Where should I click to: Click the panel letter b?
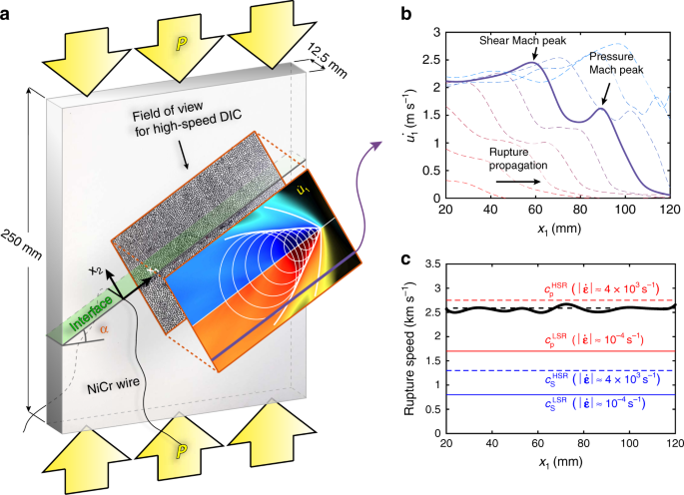tap(405, 15)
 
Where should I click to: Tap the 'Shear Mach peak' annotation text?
tap(522, 41)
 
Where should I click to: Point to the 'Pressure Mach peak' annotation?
tap(616, 63)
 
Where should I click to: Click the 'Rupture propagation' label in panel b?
tap(518, 159)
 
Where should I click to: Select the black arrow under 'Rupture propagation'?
tap(518, 182)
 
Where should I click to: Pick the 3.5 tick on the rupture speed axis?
tap(431, 264)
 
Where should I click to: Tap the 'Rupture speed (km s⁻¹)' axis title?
tap(409, 348)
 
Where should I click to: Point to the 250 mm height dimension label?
tap(21, 246)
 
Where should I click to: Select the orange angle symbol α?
tap(104, 329)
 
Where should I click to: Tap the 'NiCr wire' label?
tap(114, 385)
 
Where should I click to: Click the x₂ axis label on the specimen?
tap(96, 271)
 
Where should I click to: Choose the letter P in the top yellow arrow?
tap(182, 45)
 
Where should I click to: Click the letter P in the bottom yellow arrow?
tap(182, 450)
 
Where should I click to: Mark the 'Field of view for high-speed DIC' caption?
tap(188, 119)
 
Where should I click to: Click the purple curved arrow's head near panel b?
tap(376, 146)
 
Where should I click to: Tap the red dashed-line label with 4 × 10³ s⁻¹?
tap(601, 289)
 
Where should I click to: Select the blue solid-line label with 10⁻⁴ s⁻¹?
tap(595, 403)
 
